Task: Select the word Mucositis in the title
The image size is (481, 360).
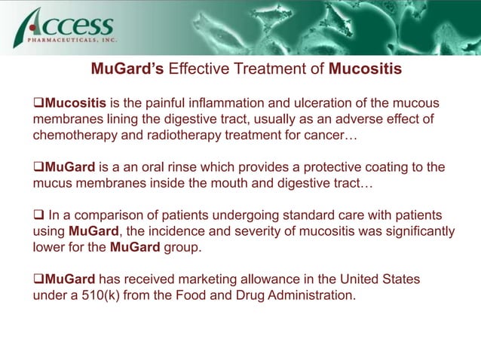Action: (x=366, y=70)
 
